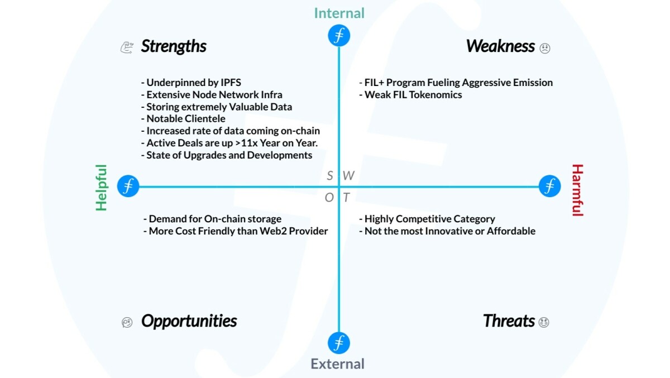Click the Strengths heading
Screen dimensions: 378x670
tap(174, 46)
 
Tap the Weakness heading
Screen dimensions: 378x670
tap(500, 46)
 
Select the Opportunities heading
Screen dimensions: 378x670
tap(189, 321)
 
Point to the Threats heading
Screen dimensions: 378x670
tap(509, 321)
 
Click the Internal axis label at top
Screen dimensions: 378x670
tap(339, 13)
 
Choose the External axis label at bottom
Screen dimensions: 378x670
tap(338, 364)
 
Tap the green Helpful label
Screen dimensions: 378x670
tap(101, 187)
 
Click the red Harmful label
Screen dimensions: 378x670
tap(577, 190)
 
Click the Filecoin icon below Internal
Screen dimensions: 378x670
tap(339, 36)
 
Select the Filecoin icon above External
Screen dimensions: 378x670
tap(339, 342)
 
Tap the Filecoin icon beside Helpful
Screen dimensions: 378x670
tap(128, 186)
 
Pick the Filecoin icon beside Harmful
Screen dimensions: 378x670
tap(549, 186)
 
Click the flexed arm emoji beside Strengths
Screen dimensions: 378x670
tap(127, 47)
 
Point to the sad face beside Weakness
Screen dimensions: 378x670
tap(545, 48)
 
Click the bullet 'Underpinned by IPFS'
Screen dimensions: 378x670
tap(191, 83)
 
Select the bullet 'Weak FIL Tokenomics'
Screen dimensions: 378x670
tap(410, 95)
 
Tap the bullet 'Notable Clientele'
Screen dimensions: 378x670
tap(183, 118)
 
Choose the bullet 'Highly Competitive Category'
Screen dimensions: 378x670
tap(427, 219)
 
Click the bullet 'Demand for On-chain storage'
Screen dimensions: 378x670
tap(212, 219)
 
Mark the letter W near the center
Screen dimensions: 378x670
tap(348, 176)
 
